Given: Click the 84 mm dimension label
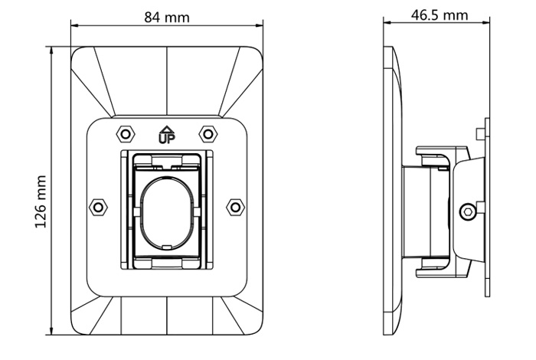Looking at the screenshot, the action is click(166, 17).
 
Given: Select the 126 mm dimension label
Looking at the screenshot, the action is click(41, 201).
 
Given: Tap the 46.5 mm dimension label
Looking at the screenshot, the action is click(439, 15).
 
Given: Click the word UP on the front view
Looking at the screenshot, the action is click(167, 138).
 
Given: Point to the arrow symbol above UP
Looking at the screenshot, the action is click(167, 129).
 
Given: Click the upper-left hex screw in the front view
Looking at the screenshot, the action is click(126, 134).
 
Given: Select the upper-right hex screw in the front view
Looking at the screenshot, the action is click(208, 134).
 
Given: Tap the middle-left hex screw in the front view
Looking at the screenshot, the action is click(98, 207).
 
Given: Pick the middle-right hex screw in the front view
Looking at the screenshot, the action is click(235, 207).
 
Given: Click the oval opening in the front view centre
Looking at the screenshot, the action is click(167, 212).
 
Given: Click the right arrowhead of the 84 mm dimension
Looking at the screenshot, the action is click(259, 25).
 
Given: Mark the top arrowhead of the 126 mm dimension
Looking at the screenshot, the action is click(51, 51).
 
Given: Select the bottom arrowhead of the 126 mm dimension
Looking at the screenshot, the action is click(51, 331).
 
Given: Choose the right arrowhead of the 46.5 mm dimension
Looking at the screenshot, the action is click(485, 22).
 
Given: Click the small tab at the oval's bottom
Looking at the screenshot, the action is click(167, 247).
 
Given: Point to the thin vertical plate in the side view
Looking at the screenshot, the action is click(487, 207).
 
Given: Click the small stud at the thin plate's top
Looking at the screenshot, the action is click(481, 133).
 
